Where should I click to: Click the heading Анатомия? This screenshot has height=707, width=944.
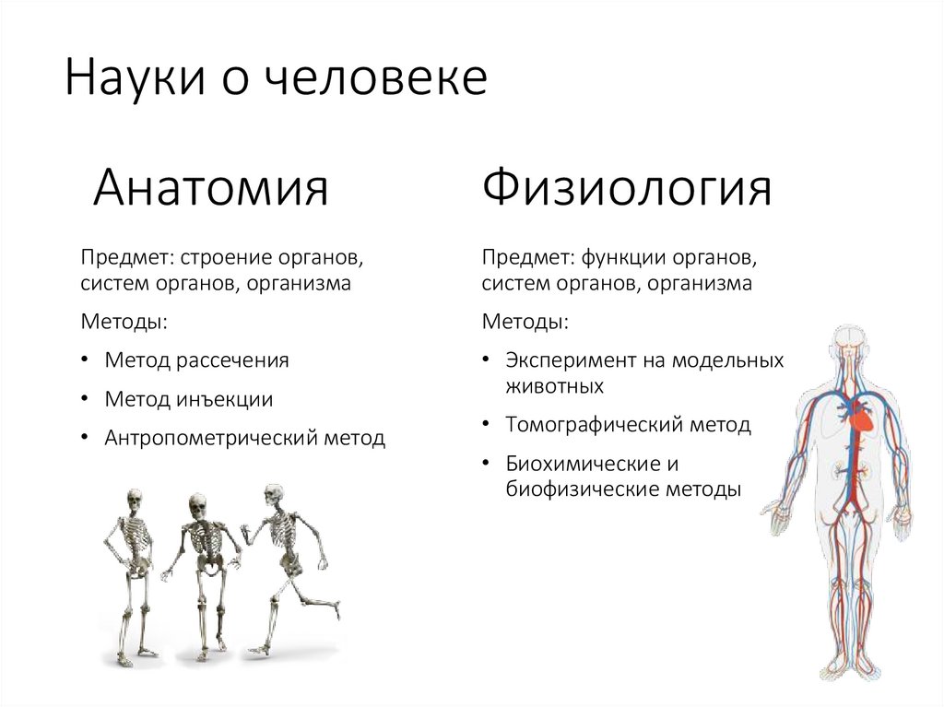[x=211, y=188]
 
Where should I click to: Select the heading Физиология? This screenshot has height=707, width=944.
[x=627, y=190]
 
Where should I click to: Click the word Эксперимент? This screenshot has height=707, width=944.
[x=563, y=360]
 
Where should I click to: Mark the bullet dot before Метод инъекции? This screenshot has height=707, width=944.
[x=85, y=399]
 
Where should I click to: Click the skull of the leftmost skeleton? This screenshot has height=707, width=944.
[x=135, y=499]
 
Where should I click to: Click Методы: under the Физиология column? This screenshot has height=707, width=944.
[x=525, y=323]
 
